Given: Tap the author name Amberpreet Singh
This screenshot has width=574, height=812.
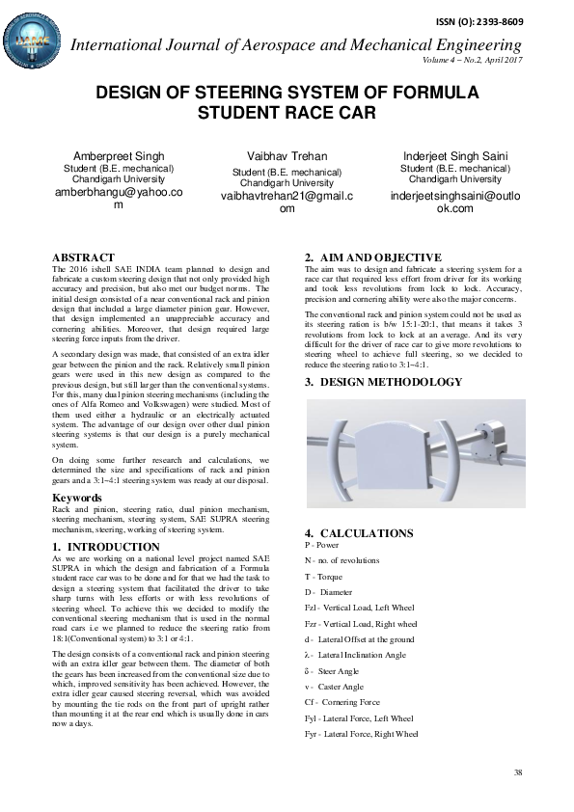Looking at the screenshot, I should click(x=119, y=156).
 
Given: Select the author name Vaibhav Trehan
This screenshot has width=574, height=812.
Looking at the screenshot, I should click(x=287, y=156).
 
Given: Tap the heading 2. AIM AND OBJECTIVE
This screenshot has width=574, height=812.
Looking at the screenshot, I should click(x=373, y=257).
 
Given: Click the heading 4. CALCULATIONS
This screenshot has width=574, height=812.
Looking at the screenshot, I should click(x=359, y=533).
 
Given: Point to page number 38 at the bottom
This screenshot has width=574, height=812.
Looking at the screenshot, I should click(x=518, y=773).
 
